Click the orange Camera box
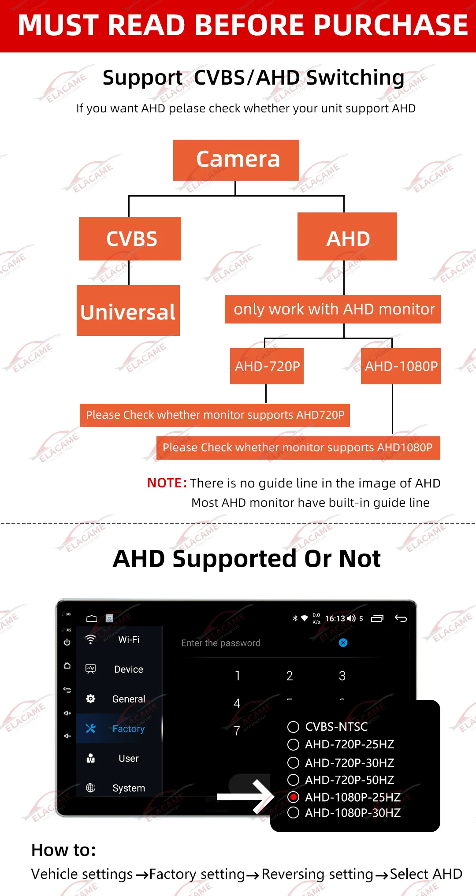pyautogui.click(x=236, y=160)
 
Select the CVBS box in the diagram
pyautogui.click(x=130, y=238)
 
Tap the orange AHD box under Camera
pyautogui.click(x=347, y=237)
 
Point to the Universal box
pyautogui.click(x=128, y=311)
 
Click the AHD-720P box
pyautogui.click(x=267, y=366)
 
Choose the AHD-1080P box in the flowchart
pyautogui.click(x=401, y=366)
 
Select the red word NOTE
pyautogui.click(x=164, y=483)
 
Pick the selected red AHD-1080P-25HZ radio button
pyautogui.click(x=293, y=797)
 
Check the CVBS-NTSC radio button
pyautogui.click(x=293, y=727)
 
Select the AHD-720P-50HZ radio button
pyautogui.click(x=293, y=780)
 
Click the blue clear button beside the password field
pyautogui.click(x=343, y=643)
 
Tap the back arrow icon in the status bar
pyautogui.click(x=401, y=618)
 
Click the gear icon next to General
pyautogui.click(x=91, y=699)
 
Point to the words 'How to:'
pyautogui.click(x=63, y=850)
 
